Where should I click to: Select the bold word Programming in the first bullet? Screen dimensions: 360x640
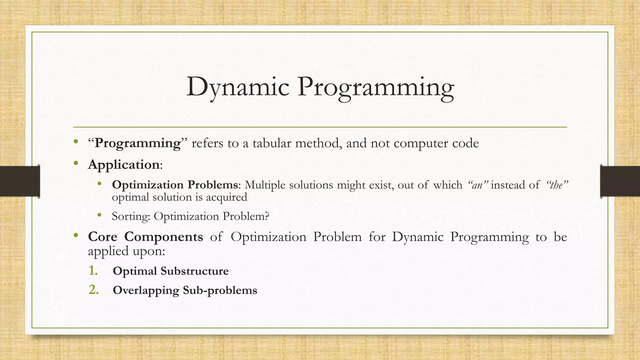[137, 143]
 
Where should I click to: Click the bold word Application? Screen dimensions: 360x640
[124, 165]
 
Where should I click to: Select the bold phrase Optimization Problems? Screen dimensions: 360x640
[175, 185]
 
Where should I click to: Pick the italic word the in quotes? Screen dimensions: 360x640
[557, 185]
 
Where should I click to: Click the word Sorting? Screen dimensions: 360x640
[131, 217]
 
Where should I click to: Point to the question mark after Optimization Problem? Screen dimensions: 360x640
[267, 216]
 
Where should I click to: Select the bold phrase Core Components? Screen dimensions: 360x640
[145, 237]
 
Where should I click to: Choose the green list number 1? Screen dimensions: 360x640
[93, 271]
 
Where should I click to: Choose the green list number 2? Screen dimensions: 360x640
[93, 290]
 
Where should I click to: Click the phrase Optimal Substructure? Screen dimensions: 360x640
[171, 271]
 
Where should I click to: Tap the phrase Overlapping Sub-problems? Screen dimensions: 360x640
[185, 290]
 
